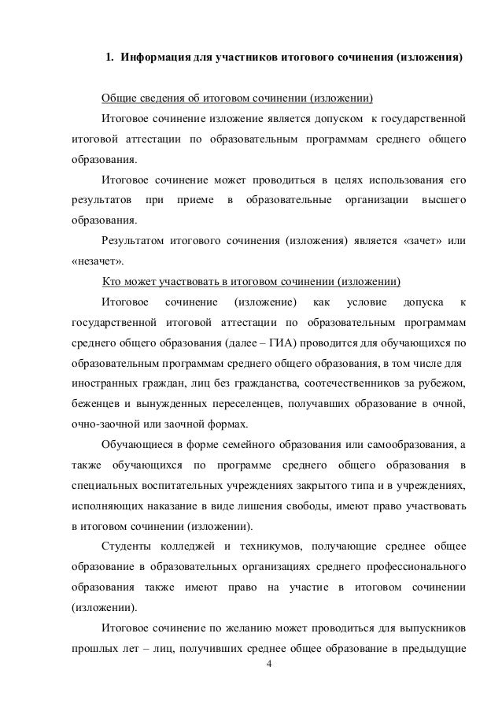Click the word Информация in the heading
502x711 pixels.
tap(153, 59)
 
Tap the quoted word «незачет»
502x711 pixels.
tap(90, 261)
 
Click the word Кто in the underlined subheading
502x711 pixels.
tap(112, 282)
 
